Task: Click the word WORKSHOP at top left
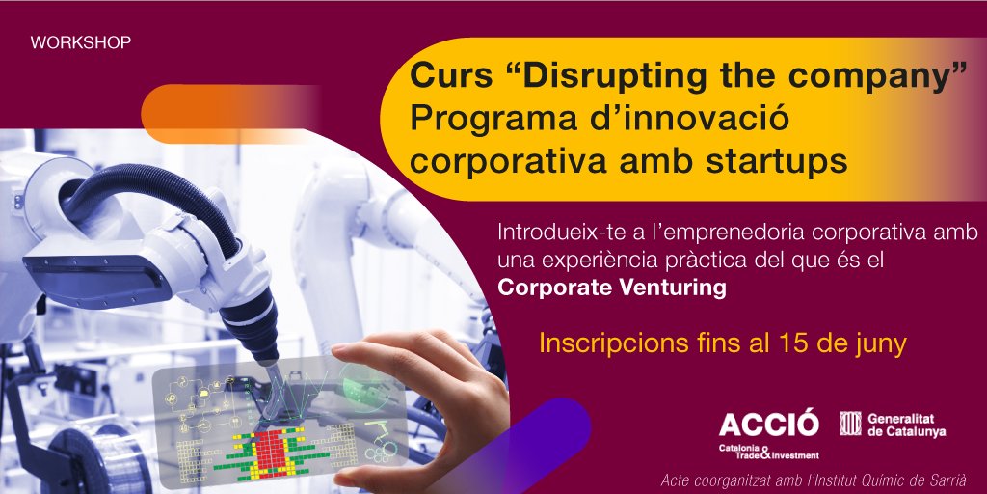[x=81, y=43]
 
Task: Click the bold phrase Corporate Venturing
[x=611, y=287]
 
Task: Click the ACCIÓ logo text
[x=767, y=423]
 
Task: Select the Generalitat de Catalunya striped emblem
[x=849, y=424]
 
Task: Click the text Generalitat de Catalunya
[x=906, y=425]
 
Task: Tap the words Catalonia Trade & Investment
[x=767, y=451]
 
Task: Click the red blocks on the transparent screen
[x=275, y=449]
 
